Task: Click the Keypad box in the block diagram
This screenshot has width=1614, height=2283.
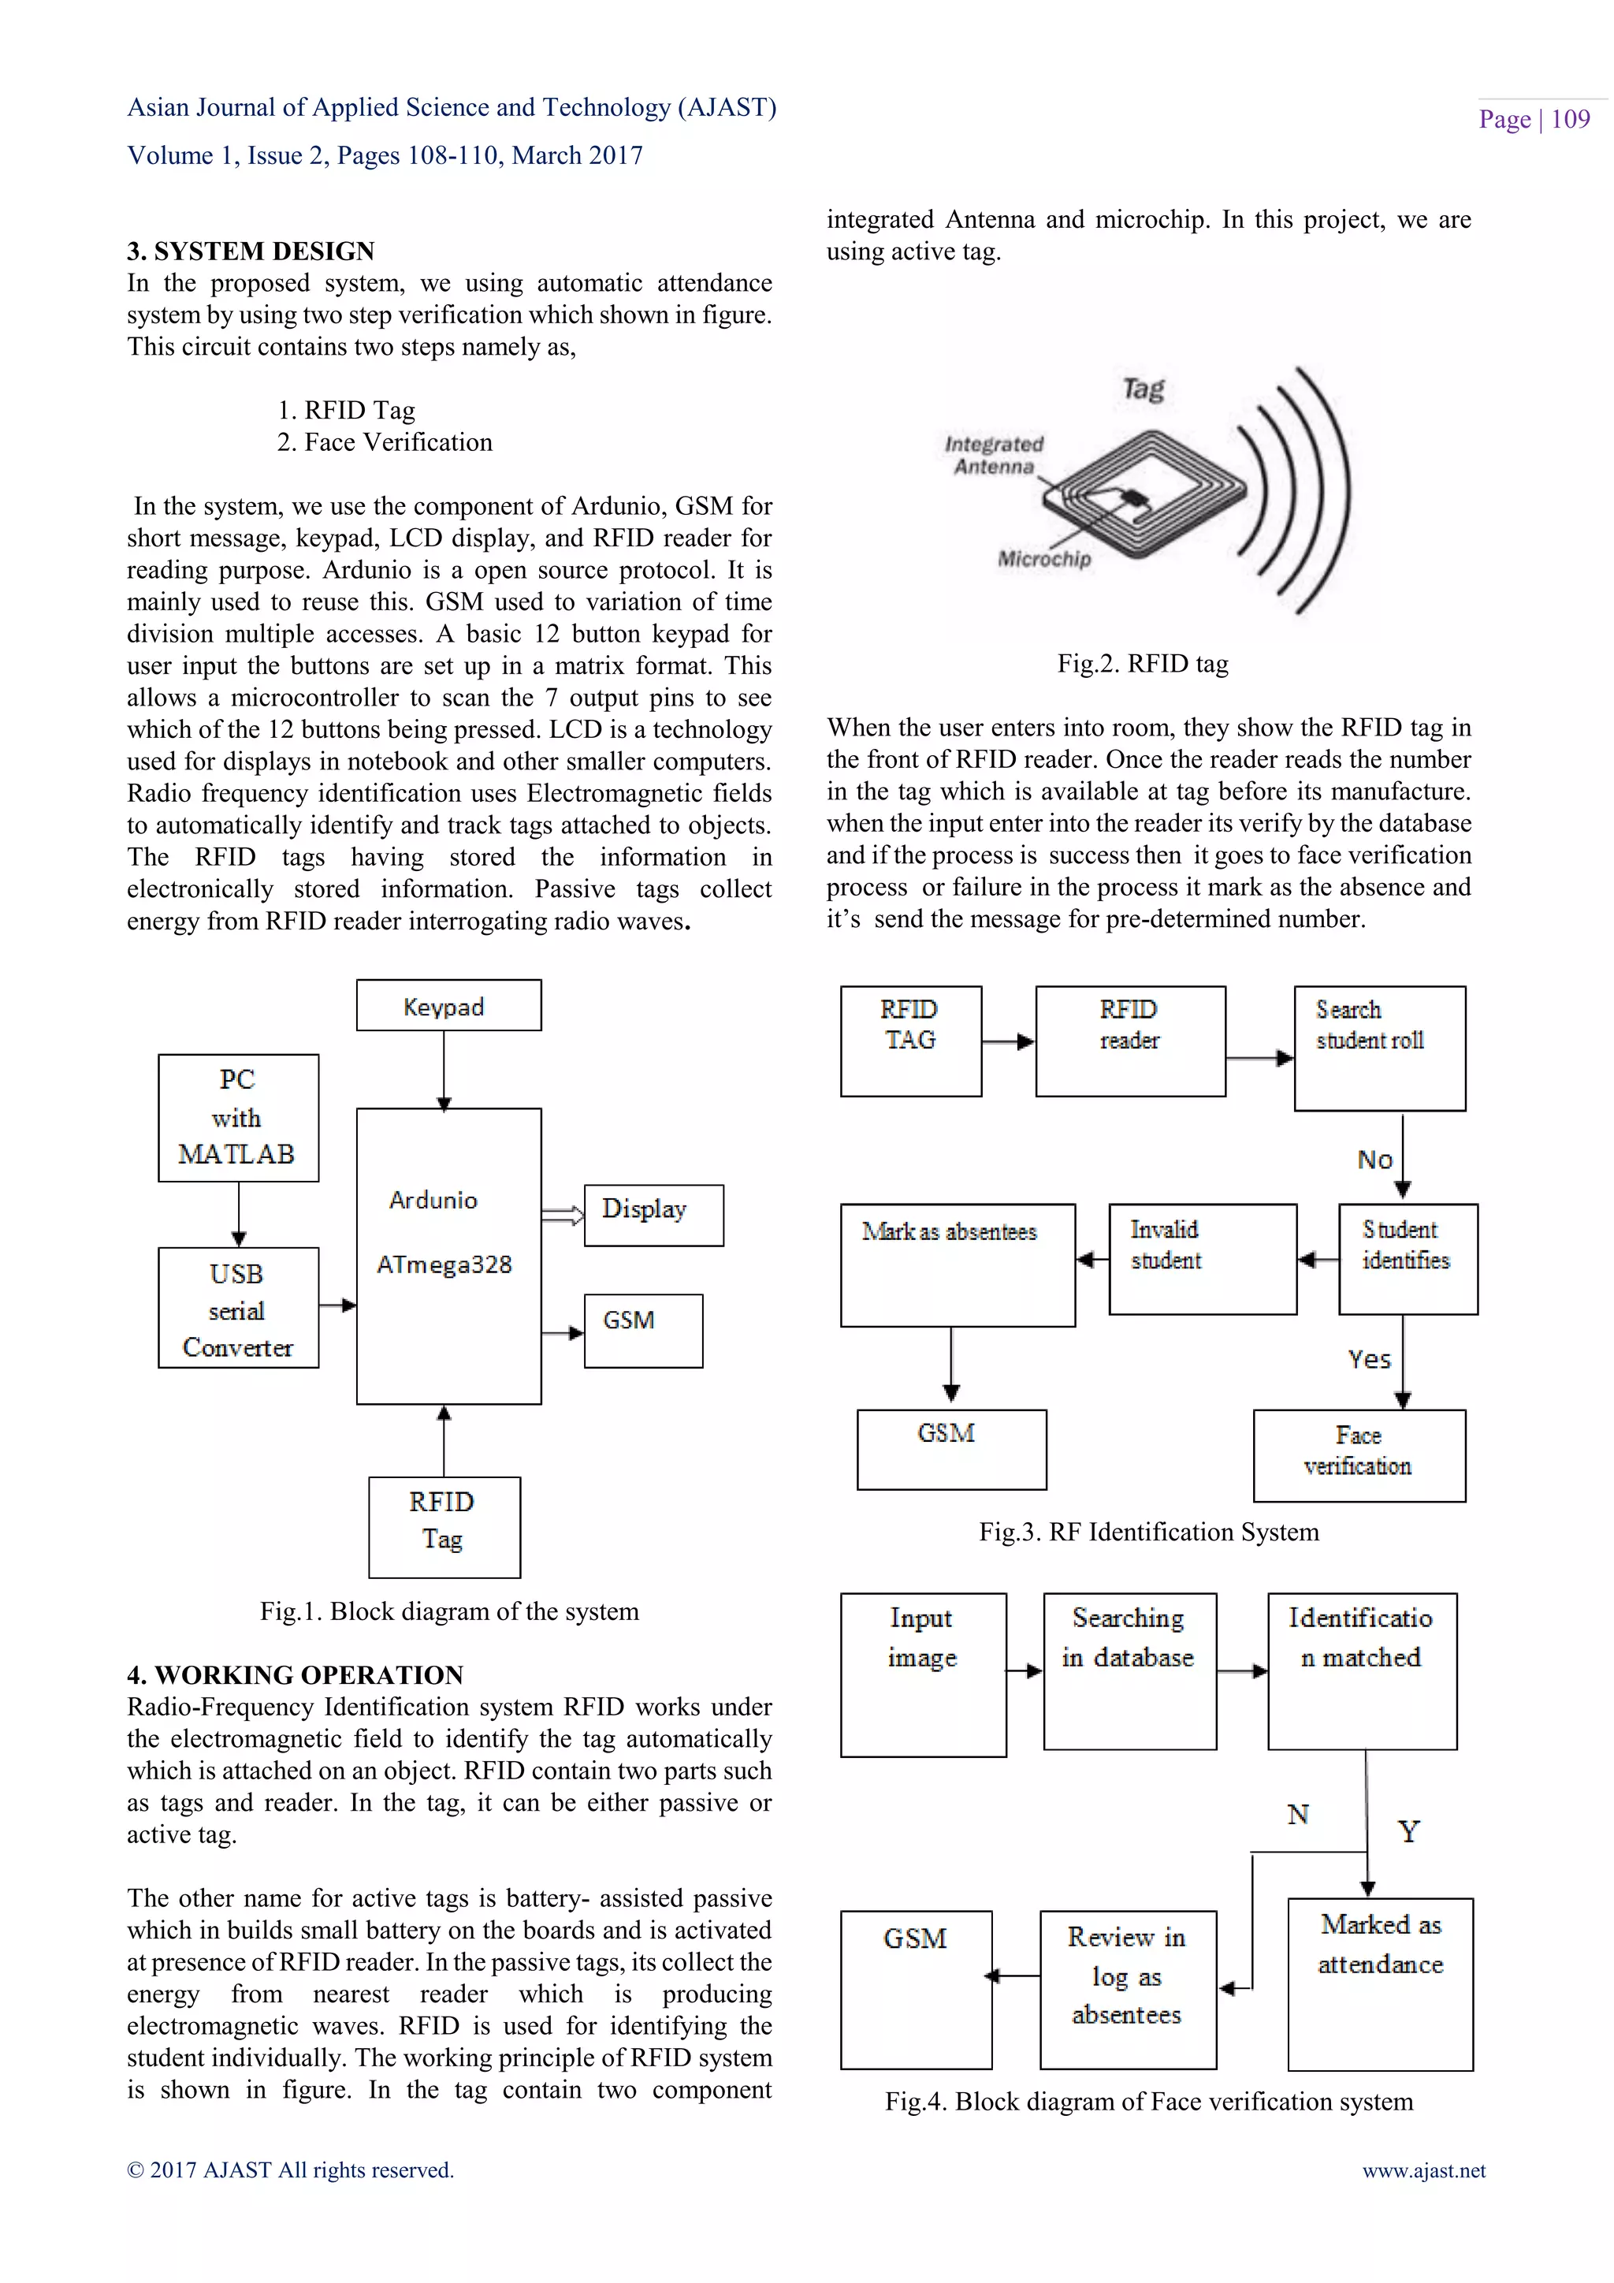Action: click(448, 1005)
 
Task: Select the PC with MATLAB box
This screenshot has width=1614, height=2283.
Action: click(239, 1118)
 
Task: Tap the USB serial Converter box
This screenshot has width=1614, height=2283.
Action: click(239, 1308)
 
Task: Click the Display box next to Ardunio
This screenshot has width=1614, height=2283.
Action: click(653, 1214)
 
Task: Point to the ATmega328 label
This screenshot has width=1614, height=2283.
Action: click(444, 1264)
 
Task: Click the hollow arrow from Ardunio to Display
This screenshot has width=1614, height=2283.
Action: click(563, 1214)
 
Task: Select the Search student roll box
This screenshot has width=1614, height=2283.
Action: click(1378, 1047)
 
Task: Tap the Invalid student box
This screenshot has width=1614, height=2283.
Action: click(1202, 1259)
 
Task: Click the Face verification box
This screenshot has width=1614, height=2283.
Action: click(1359, 1454)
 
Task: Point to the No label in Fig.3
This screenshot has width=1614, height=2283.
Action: click(1374, 1160)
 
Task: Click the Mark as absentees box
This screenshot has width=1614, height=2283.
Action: click(957, 1264)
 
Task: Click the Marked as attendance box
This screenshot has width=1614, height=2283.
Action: click(1379, 1983)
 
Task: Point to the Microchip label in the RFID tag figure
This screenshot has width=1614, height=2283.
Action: click(1043, 559)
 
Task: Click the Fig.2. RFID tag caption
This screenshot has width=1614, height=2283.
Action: click(1142, 663)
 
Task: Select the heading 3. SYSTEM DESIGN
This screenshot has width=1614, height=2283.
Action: click(251, 251)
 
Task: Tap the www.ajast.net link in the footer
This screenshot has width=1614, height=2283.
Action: click(1423, 2170)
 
